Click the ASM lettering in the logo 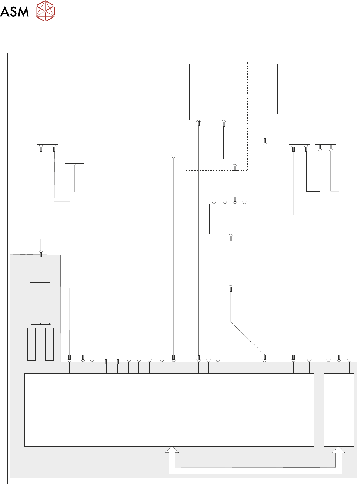pos(14,12)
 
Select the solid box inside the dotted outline pos(209,92)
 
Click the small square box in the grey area pos(40,293)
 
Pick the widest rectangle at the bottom pos(169,410)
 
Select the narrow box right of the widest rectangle pos(339,410)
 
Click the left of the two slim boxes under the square pos(31,344)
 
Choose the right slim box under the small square pos(49,344)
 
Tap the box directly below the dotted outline pos(229,219)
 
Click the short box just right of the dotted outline pos(265,89)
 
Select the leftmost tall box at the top pos(47,103)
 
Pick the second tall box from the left pos(74,112)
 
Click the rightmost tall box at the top pos(325,103)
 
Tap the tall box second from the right pos(299,103)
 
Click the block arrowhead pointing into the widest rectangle pos(172,450)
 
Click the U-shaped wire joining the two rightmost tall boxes pos(313,191)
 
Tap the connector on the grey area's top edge pos(41,254)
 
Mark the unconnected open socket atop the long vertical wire pos(174,157)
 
